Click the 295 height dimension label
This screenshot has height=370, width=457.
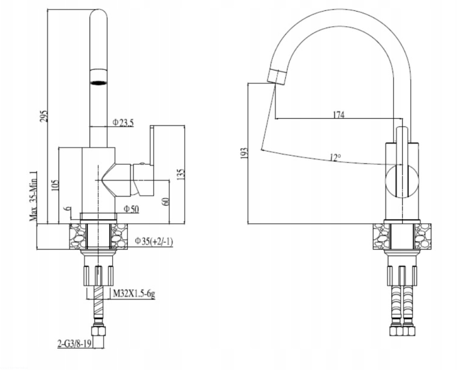click(44, 116)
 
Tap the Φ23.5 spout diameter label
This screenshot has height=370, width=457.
click(123, 122)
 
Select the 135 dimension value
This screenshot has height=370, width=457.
click(181, 175)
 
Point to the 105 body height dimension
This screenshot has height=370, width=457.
click(55, 185)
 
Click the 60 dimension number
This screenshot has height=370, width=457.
click(165, 201)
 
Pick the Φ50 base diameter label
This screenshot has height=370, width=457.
click(132, 209)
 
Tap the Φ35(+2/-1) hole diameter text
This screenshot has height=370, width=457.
click(154, 241)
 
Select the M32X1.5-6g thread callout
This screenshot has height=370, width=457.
click(134, 294)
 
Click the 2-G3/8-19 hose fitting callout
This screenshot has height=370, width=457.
click(74, 344)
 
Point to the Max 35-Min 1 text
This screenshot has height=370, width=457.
click(34, 196)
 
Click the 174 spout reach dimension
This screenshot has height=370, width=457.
click(339, 114)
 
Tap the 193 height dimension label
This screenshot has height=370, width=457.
click(244, 153)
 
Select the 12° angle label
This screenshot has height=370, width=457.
click(335, 158)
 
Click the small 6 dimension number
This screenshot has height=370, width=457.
click(68, 209)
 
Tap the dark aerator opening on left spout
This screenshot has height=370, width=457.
click(99, 83)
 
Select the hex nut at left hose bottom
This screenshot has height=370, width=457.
click(99, 331)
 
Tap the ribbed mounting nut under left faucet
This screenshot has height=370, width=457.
click(99, 276)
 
